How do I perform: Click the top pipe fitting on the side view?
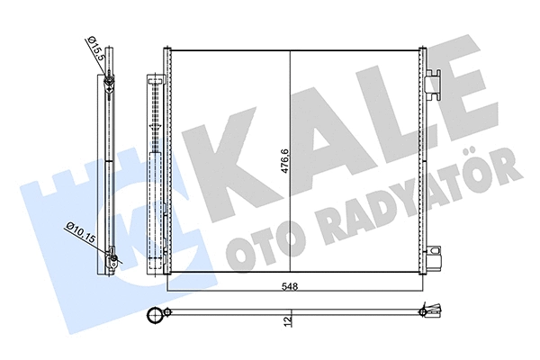tap(107, 85)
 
